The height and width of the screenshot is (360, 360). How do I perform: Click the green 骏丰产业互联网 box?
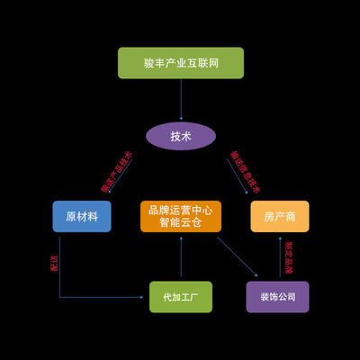coord(180,62)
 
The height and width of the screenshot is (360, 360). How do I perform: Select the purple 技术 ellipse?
coord(181,136)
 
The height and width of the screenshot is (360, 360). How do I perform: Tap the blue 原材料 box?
coord(82,216)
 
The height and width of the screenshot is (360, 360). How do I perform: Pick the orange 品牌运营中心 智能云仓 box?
coord(181,216)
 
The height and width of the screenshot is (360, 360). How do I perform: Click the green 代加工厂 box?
coord(181,296)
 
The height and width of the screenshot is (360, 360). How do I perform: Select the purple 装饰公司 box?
coord(277,296)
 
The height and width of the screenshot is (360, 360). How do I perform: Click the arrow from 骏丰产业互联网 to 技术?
coord(180,99)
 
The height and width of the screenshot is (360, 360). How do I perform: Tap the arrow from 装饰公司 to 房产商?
coord(277,256)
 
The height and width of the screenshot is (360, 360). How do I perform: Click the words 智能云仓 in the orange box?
coord(181,222)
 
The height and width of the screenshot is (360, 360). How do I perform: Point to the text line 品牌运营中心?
coord(181,209)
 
